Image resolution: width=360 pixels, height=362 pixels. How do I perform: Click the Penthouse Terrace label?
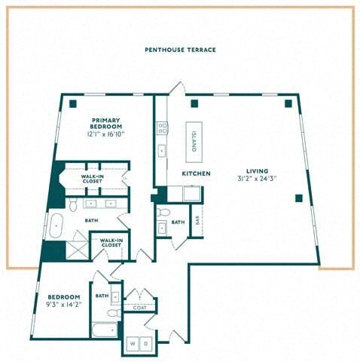pos(180,50)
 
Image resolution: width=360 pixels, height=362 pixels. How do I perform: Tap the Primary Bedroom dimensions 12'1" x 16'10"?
pos(105,134)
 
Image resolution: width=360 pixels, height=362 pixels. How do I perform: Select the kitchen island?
pos(194,142)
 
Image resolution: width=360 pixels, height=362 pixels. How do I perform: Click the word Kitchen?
pos(196,173)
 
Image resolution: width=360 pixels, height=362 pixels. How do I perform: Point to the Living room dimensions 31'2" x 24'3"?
pos(257,179)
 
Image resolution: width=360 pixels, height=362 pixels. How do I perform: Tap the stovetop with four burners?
pos(163,127)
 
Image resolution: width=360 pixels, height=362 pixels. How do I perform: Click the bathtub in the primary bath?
pos(56,225)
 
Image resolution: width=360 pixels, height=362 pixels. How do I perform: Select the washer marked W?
pos(133,343)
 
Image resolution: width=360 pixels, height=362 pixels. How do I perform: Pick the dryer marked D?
pos(145,343)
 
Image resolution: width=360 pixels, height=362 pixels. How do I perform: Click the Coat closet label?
pos(140,308)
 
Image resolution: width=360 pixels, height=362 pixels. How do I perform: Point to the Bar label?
pos(197,221)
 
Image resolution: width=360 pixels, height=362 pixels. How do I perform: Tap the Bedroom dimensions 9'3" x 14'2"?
pos(64,305)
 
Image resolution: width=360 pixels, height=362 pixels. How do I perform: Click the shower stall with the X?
pos(77,250)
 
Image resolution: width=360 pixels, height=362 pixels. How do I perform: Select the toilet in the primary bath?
pos(73,205)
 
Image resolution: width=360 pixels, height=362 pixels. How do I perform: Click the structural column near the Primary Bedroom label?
pos(73,103)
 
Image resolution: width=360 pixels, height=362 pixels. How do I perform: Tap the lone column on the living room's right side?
pos(298,198)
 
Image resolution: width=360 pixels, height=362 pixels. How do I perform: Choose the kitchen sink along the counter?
pos(162,151)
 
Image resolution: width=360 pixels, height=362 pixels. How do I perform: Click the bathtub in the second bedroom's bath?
pos(105,330)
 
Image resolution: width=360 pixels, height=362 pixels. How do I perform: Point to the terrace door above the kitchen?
pos(178,88)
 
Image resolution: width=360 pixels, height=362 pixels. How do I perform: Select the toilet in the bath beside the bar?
pos(163,213)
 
